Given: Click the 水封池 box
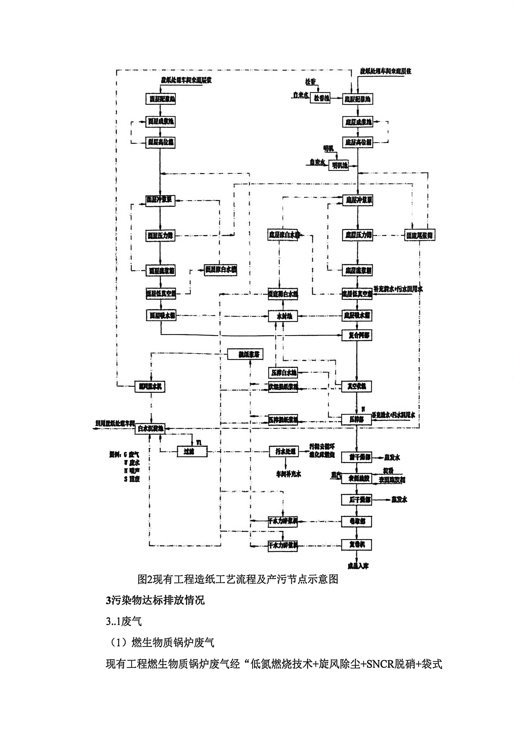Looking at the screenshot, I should [283, 316].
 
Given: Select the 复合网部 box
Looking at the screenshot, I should [357, 336].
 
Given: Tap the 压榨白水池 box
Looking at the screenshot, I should [283, 373].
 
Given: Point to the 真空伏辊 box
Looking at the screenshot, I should [357, 386].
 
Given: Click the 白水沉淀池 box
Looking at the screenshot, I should [150, 429].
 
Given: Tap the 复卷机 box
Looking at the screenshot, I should [357, 545].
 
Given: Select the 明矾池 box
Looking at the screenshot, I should [338, 166].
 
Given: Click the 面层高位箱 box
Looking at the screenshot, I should [160, 142].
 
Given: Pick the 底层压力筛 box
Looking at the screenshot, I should [357, 235].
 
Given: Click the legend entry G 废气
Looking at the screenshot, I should [131, 455].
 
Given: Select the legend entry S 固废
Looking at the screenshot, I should [132, 479].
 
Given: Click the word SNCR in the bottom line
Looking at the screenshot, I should [380, 664].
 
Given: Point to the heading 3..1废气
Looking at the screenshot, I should [124, 622].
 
